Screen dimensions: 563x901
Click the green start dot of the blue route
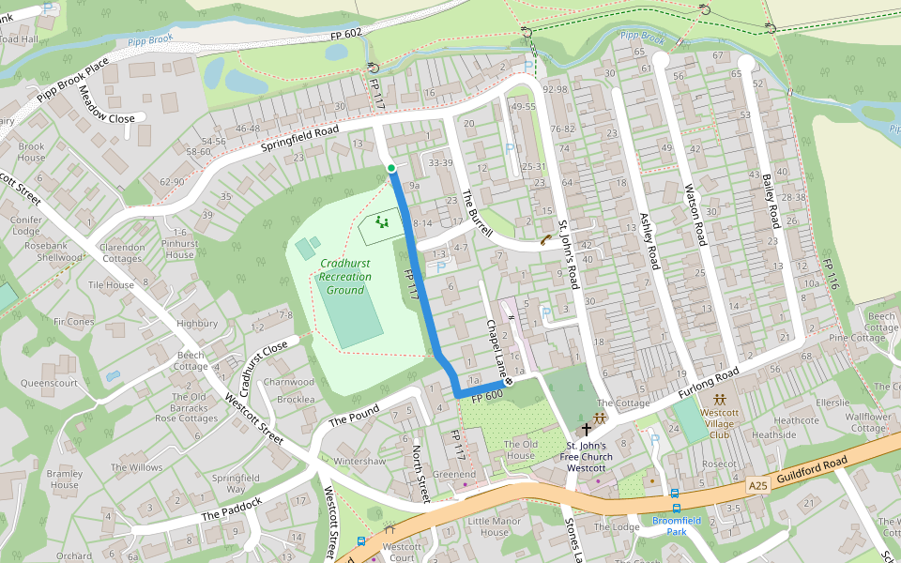click(x=391, y=168)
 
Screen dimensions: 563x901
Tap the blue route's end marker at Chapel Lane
click(x=509, y=382)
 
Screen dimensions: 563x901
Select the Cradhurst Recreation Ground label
click(x=344, y=277)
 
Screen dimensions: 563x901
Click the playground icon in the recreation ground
click(x=381, y=221)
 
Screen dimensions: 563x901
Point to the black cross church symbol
click(x=587, y=428)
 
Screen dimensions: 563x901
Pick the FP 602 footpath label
click(x=345, y=34)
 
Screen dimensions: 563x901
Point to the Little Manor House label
click(x=494, y=526)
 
